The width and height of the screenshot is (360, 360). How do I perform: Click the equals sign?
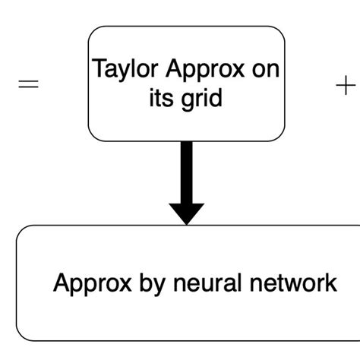tap(28, 86)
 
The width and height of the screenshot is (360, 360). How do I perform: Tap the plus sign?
tap(345, 86)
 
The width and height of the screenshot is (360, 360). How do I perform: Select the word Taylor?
tap(118, 69)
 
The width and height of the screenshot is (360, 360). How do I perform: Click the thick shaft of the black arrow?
tap(186, 171)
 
